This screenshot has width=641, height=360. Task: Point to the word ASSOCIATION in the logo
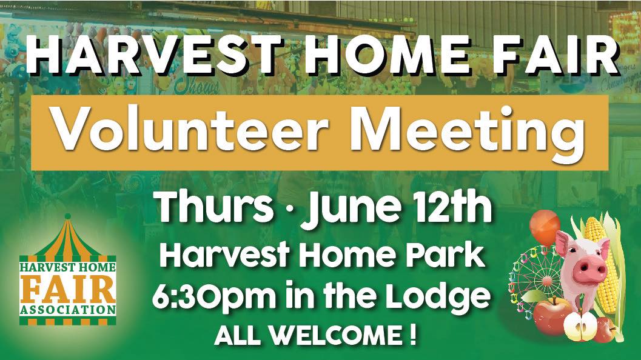click(x=68, y=310)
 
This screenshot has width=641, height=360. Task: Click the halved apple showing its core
click(x=580, y=327)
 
